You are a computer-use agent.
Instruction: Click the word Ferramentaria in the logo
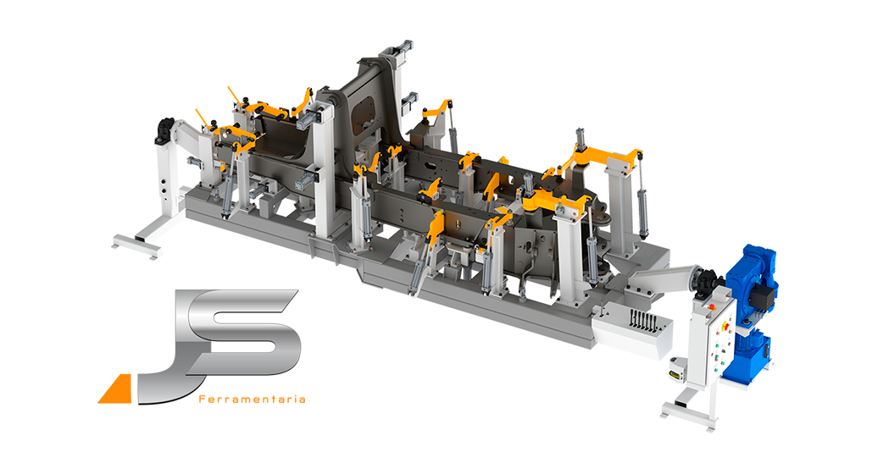[x=253, y=400]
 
